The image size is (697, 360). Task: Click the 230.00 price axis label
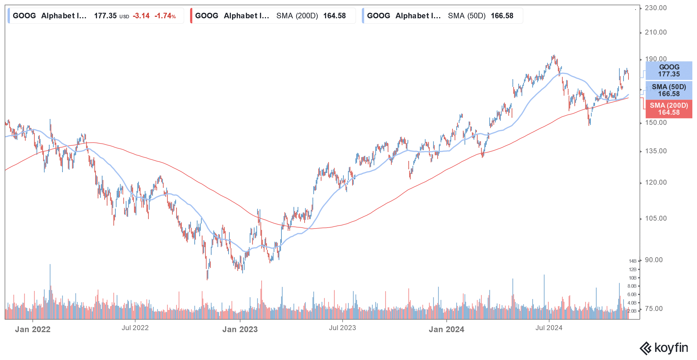[x=655, y=8]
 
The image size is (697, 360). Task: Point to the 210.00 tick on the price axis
[x=655, y=32]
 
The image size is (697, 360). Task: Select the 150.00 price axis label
[x=655, y=123]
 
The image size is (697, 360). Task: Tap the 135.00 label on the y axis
[x=655, y=151]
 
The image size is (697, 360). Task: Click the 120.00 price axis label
[x=655, y=182]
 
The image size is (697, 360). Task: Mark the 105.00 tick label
[x=655, y=218]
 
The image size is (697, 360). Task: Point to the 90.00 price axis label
[x=654, y=260]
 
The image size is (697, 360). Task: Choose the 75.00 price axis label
[x=654, y=309]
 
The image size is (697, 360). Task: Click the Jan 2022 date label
[x=33, y=329]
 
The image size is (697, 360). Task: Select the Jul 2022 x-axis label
[x=135, y=328]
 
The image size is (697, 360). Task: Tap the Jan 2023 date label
[x=240, y=329]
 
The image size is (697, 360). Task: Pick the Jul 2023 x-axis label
[x=342, y=328]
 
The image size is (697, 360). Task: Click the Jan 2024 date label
[x=446, y=329]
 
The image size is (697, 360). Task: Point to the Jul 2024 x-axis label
[x=549, y=328]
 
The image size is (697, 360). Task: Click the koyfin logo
[x=664, y=348]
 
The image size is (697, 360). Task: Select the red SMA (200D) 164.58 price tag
[x=669, y=109]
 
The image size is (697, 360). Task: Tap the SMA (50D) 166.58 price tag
[x=669, y=90]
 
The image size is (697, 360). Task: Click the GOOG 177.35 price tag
[x=669, y=71]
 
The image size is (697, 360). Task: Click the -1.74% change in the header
[x=165, y=16]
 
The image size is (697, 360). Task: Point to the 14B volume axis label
[x=633, y=261]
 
